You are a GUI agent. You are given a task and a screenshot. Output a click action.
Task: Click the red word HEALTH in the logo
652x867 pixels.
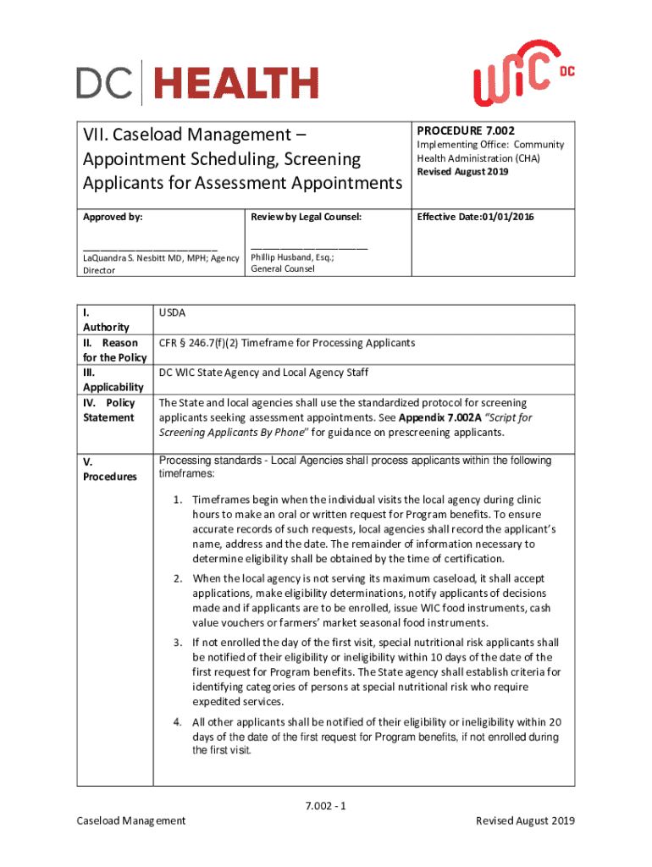235,84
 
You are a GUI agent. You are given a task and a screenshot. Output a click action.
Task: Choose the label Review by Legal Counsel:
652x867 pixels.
306,217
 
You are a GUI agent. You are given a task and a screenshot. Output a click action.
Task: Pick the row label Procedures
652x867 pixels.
109,477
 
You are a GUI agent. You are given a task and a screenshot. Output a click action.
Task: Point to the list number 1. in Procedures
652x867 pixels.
179,500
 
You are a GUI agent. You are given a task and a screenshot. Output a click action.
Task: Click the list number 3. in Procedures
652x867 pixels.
179,643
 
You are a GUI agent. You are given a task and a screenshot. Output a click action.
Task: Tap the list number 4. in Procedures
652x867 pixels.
179,722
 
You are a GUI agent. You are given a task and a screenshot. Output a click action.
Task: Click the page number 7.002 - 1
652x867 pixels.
326,806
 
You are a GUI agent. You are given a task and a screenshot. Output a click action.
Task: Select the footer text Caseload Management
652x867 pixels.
130,820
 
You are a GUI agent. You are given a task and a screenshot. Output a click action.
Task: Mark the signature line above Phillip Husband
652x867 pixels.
309,247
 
